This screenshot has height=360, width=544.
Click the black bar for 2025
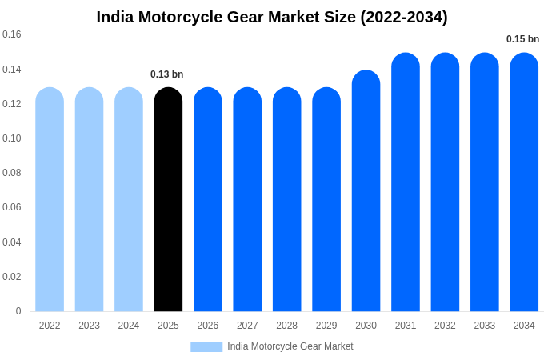[168, 200]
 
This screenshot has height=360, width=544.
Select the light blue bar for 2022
[50, 200]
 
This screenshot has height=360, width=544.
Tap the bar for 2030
[366, 192]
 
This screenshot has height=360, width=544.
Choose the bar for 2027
[247, 200]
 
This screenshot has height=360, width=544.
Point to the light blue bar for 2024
[129, 200]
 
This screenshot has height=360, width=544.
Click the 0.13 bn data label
[166, 74]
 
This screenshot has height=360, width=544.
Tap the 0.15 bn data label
[522, 39]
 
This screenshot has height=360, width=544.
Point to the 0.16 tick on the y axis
[12, 34]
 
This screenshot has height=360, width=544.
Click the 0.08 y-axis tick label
[12, 173]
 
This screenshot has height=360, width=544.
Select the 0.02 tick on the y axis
[12, 277]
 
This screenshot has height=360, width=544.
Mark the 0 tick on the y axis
[18, 311]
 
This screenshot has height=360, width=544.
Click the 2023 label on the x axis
[89, 326]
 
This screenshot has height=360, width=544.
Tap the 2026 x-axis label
[208, 326]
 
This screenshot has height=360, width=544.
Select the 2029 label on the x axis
[326, 326]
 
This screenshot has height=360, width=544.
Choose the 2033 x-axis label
[485, 326]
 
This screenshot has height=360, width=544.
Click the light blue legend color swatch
[206, 347]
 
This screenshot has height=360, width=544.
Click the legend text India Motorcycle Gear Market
[290, 346]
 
